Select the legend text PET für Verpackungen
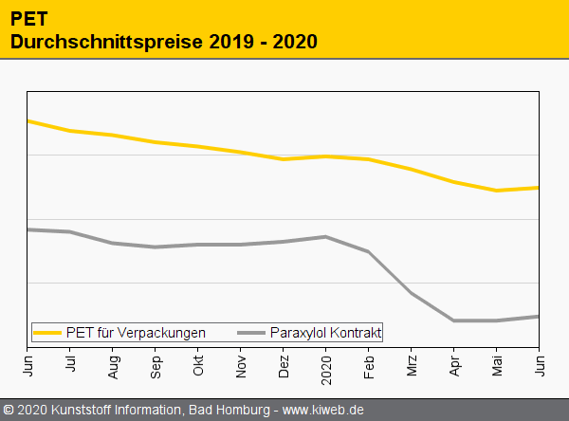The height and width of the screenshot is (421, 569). click(136, 333)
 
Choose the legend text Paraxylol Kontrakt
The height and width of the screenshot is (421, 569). click(325, 333)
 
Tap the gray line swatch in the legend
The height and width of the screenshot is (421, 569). click(251, 333)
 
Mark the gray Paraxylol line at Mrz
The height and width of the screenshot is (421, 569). click(412, 293)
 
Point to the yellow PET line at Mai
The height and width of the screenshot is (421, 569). click(497, 191)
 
